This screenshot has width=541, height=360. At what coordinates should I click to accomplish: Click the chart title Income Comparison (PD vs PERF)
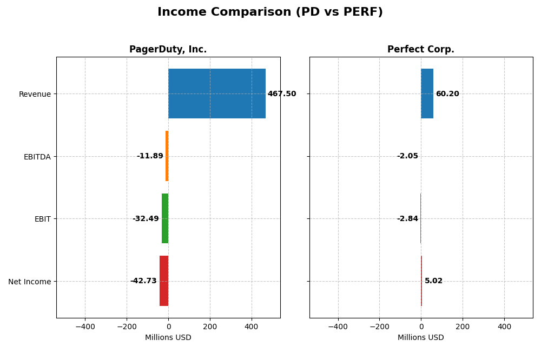point(270,12)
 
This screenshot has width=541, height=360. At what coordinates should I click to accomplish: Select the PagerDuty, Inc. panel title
point(168,49)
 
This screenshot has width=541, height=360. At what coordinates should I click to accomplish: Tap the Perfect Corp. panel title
point(420,49)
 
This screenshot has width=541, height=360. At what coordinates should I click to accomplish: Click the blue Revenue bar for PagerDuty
point(216,94)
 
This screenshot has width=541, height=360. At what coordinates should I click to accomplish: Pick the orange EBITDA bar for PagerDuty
point(167,156)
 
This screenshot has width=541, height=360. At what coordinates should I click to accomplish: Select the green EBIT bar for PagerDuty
point(165,218)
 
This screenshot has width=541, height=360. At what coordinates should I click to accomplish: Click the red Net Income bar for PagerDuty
point(164,281)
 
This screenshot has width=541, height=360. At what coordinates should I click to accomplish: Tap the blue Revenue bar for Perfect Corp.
point(427,94)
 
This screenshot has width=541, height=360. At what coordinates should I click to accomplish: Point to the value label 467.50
point(282,94)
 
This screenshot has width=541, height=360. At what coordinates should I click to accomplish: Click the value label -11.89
point(150,156)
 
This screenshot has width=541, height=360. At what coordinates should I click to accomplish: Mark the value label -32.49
point(146,219)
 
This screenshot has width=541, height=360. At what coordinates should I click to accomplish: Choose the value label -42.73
point(143,281)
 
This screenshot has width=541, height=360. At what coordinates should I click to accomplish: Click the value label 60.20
point(447,94)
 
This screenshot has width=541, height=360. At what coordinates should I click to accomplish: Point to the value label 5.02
point(433,281)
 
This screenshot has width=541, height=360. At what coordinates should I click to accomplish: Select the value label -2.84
point(407,219)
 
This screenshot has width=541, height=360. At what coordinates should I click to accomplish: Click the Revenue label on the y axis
point(35,94)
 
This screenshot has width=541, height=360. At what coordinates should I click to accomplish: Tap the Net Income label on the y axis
point(30,282)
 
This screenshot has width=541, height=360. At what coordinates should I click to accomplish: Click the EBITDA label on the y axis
point(37,157)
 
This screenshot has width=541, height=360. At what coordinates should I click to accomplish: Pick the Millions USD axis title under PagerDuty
point(168,337)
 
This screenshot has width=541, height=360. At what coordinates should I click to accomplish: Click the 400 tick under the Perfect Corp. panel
point(504,326)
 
